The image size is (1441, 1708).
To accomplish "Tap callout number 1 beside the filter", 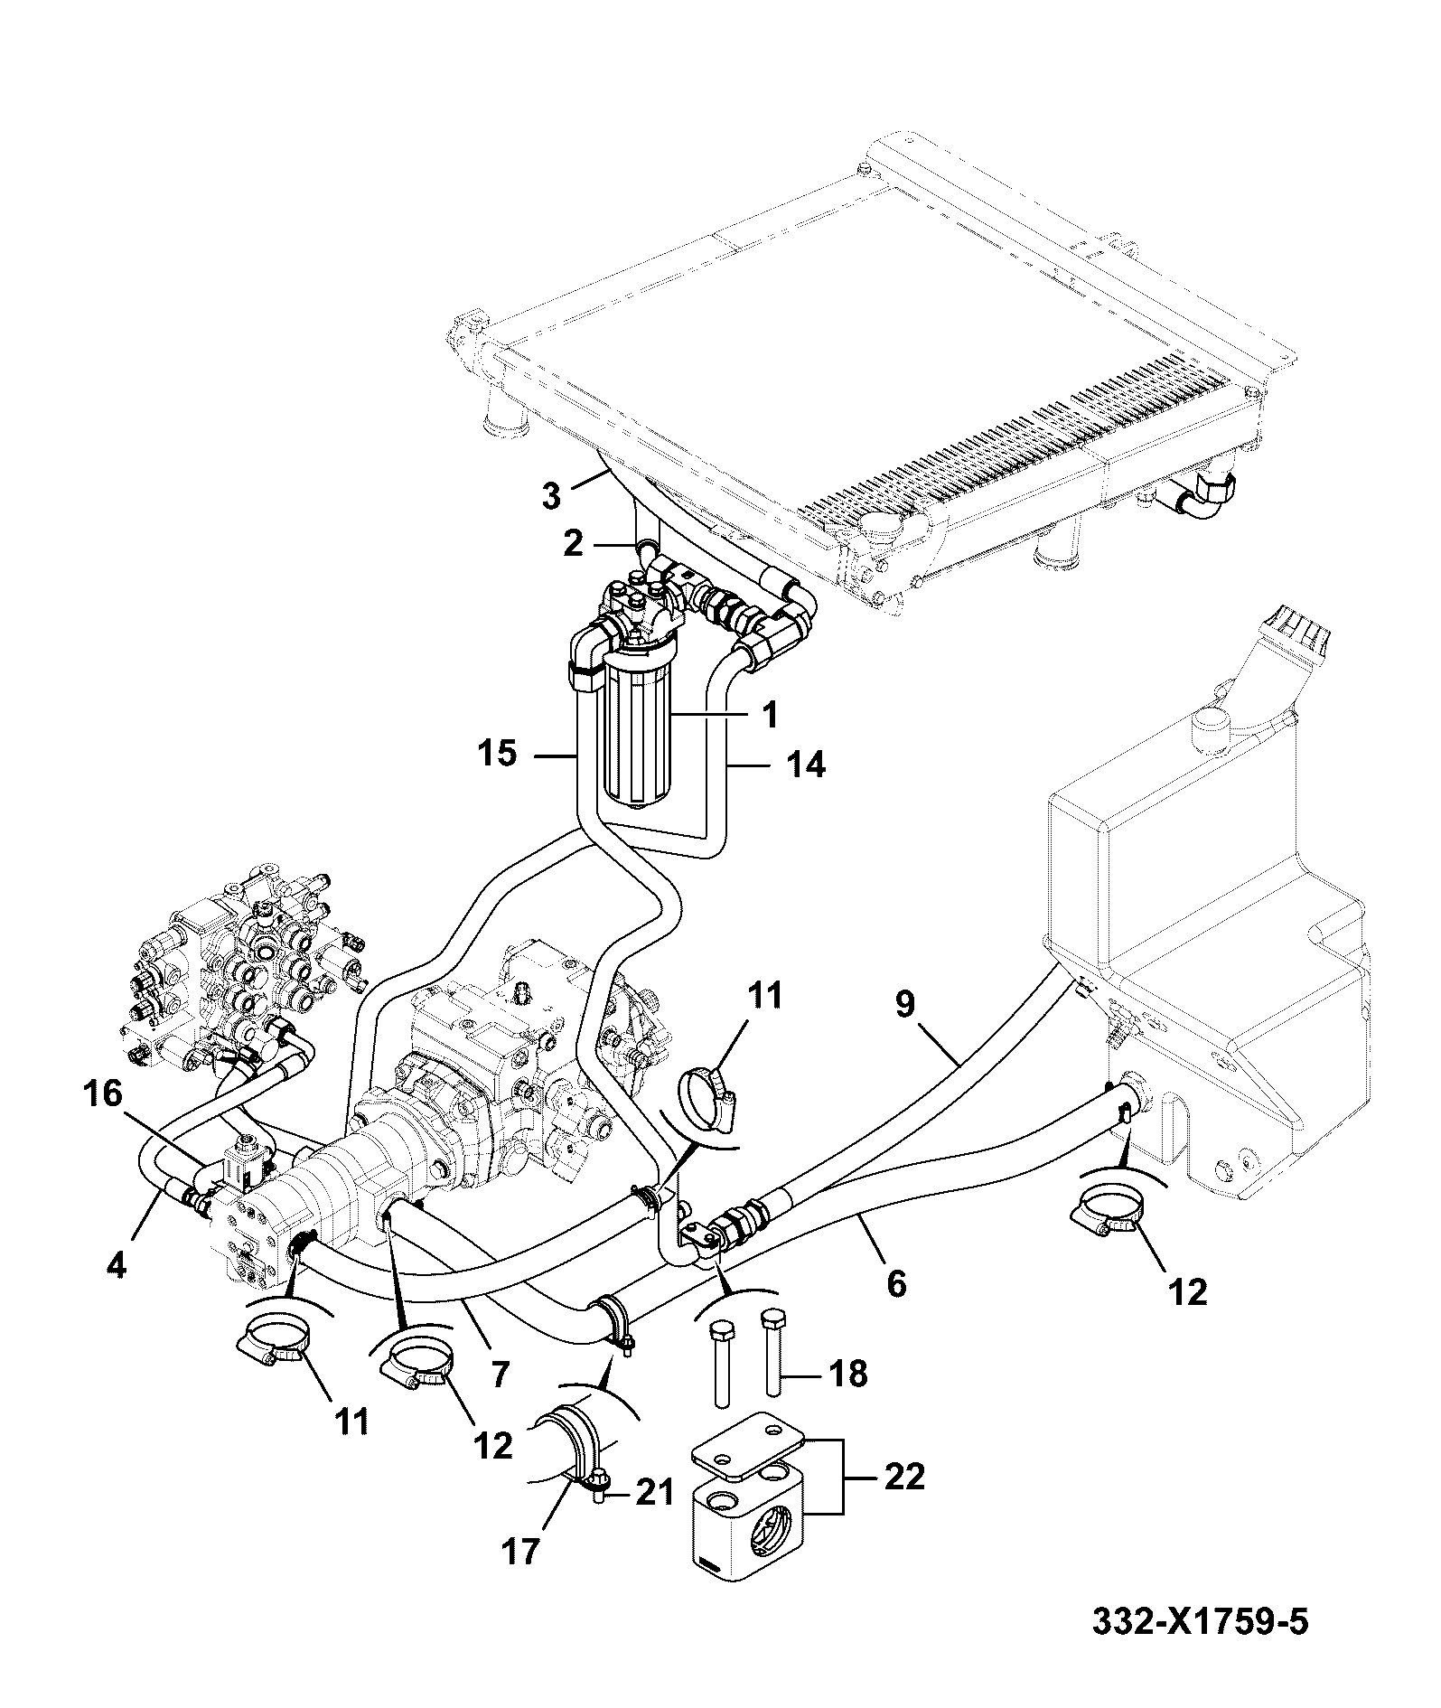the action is [770, 716].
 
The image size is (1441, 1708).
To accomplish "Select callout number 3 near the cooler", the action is [551, 496].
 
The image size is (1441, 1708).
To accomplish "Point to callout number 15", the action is [496, 752].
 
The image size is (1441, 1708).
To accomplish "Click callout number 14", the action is [806, 765].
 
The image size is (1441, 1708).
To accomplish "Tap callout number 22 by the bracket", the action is [903, 1477].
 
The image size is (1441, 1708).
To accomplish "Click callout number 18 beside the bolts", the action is [847, 1375].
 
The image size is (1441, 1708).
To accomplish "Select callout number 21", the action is [654, 1491].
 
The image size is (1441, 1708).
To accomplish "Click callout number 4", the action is [117, 1263].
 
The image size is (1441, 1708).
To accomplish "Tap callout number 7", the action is [498, 1375].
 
